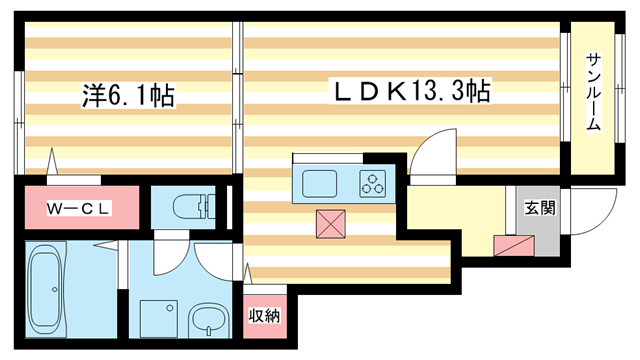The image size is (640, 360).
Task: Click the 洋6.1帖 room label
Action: tap(128, 97)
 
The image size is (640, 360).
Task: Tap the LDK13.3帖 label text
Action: tap(411, 93)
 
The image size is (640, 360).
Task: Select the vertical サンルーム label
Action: tap(593, 92)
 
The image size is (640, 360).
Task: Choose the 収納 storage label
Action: tap(264, 316)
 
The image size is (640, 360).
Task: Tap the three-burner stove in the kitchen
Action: tap(374, 184)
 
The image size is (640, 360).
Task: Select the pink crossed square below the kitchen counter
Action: tap(330, 225)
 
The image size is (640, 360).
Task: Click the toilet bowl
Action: tap(189, 208)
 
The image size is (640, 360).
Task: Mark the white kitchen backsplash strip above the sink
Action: tap(328, 160)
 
